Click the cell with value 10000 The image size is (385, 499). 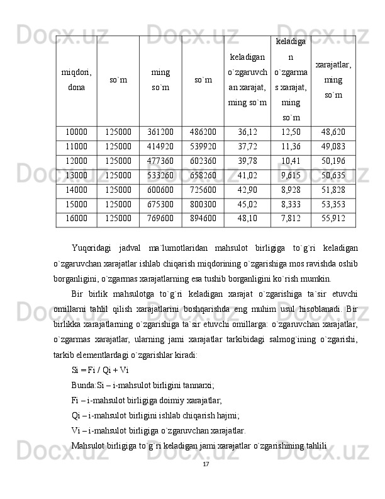(x=76, y=132)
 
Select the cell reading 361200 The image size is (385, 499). (x=160, y=132)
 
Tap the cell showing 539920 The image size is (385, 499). (x=203, y=147)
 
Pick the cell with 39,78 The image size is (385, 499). (x=247, y=161)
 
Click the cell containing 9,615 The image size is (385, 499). (x=291, y=175)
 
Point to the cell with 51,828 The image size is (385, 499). (x=333, y=190)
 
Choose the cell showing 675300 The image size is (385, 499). (x=160, y=204)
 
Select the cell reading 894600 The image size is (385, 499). (x=203, y=219)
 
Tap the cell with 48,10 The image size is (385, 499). (x=247, y=219)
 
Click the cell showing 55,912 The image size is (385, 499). (x=333, y=219)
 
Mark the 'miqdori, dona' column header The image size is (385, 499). (x=76, y=81)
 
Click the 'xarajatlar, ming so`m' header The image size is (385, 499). (x=333, y=81)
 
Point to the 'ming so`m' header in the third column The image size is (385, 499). (x=160, y=81)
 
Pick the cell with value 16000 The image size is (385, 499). (x=76, y=219)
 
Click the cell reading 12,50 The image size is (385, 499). (x=291, y=132)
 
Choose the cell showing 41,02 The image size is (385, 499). (x=247, y=175)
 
